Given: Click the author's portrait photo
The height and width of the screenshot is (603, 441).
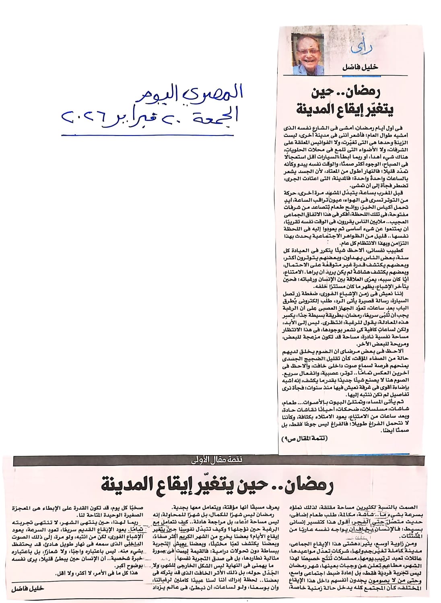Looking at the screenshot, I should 309,53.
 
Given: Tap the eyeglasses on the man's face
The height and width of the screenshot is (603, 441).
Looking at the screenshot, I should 309,51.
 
